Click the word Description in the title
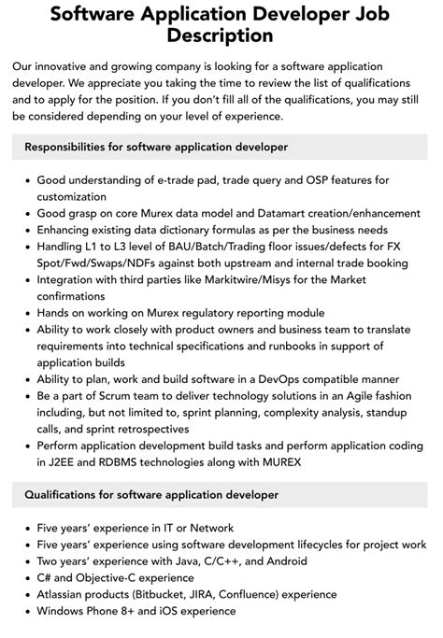pyautogui.click(x=221, y=35)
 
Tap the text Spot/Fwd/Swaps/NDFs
pyautogui.click(x=100, y=263)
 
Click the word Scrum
pyautogui.click(x=113, y=395)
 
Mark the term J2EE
pyautogui.click(x=50, y=462)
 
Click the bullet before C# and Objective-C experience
pyautogui.click(x=24, y=578)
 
